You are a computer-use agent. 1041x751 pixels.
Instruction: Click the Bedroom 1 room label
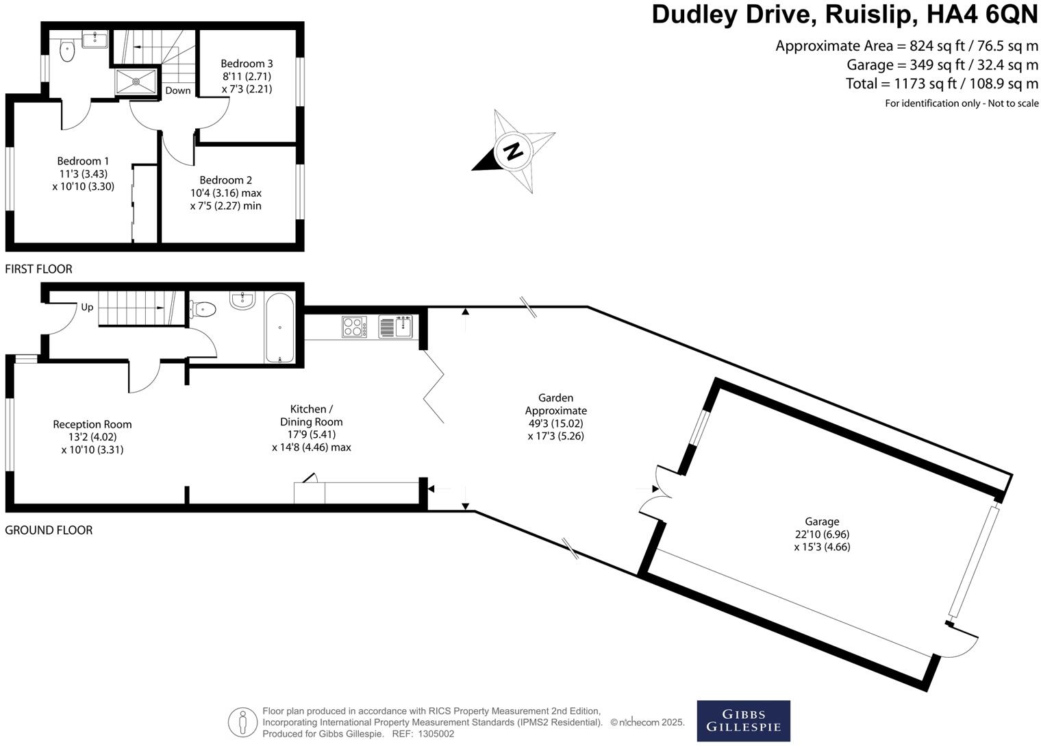[x=83, y=162]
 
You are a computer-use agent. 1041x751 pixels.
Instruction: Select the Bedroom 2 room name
[x=226, y=180]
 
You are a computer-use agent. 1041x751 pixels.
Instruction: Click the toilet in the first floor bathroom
[x=67, y=50]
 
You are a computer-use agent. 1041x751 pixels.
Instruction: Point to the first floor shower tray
[x=136, y=82]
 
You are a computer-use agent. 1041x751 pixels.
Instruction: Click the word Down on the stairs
[x=178, y=90]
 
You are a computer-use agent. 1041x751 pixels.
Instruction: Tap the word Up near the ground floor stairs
[x=87, y=307]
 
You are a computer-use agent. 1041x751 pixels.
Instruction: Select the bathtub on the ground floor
[x=279, y=328]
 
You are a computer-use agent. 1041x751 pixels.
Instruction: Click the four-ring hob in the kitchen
[x=354, y=327]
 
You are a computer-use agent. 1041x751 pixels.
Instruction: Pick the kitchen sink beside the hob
[x=395, y=327]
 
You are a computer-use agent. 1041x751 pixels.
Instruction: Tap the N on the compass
[x=512, y=150]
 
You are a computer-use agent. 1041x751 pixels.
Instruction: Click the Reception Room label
[x=92, y=424]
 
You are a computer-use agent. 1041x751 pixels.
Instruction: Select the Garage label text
[x=822, y=521]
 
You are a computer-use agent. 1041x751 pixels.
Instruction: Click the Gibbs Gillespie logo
[x=743, y=721]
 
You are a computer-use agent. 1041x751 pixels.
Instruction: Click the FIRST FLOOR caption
[x=38, y=269]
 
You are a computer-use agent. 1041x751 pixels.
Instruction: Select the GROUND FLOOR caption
[x=49, y=530]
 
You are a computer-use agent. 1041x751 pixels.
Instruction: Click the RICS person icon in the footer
[x=242, y=722]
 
